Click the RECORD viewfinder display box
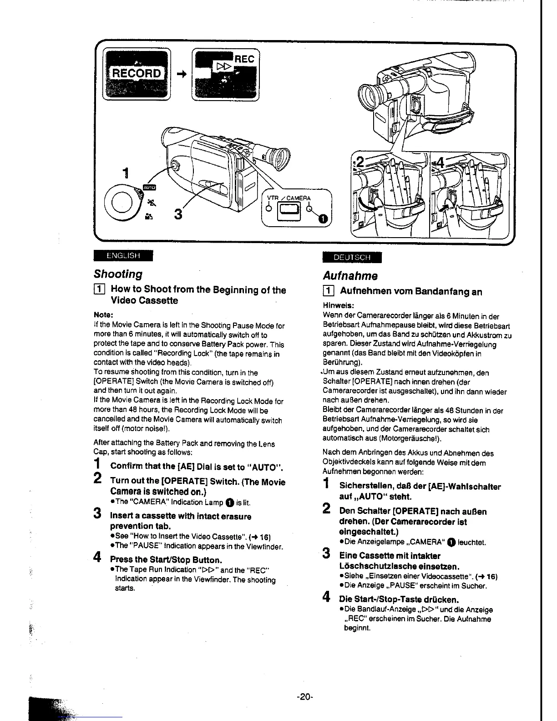coord(137,73)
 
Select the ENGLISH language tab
coord(123,255)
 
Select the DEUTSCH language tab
coord(352,257)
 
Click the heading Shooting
coord(118,274)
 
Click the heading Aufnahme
coord(350,276)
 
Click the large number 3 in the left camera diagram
coord(178,214)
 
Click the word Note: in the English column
coord(103,315)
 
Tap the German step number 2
coord(326,508)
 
